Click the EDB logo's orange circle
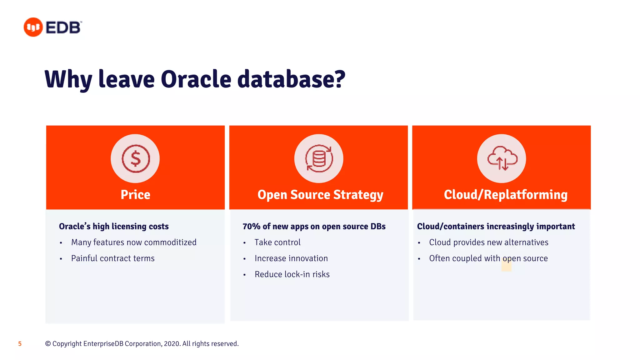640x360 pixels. (33, 27)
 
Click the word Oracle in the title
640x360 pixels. (196, 79)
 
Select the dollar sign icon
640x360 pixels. (136, 159)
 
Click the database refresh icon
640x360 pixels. (319, 159)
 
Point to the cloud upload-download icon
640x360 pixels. (502, 159)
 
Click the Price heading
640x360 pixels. (135, 195)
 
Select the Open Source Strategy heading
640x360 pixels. (320, 195)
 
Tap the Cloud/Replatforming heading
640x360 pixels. (505, 195)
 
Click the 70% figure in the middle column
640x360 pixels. (251, 226)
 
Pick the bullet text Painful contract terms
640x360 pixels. (113, 258)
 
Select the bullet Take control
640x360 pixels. (277, 242)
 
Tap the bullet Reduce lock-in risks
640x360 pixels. (292, 274)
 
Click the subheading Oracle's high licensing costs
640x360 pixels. (114, 226)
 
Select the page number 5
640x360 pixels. (20, 344)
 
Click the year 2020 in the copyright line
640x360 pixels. (171, 344)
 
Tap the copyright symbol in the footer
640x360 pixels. (48, 344)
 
